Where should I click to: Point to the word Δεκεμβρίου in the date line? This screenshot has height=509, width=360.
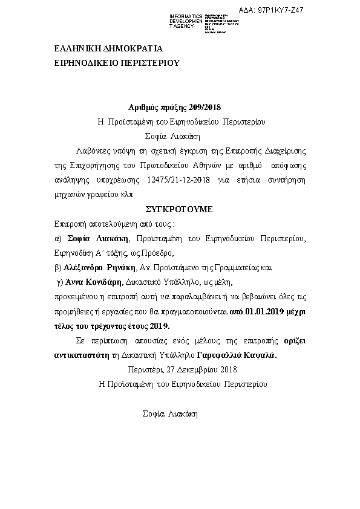tap(198, 369)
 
